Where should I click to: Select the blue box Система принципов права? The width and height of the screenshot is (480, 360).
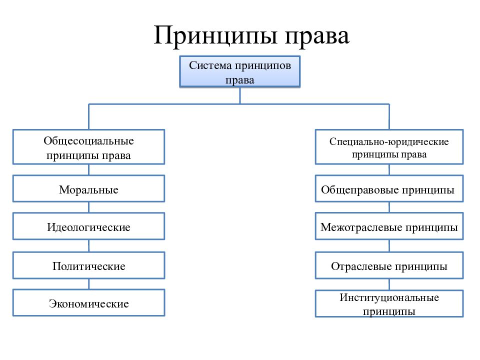click(239, 72)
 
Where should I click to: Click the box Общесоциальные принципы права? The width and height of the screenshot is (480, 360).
click(89, 147)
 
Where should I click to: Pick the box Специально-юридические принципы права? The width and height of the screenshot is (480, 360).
click(389, 147)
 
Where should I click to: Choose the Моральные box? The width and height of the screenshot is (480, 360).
click(89, 188)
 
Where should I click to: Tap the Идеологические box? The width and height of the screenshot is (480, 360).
click(89, 226)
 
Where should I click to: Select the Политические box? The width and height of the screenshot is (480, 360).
click(89, 265)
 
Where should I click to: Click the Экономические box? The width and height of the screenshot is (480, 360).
click(89, 302)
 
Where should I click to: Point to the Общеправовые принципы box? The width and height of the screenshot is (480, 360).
click(389, 188)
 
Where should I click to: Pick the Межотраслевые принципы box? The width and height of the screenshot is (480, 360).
click(389, 226)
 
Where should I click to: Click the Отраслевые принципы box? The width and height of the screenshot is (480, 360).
click(389, 265)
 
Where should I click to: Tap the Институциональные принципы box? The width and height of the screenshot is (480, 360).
click(389, 303)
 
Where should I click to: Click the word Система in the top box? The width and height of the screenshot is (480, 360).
click(210, 65)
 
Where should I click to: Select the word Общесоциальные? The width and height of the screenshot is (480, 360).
click(89, 141)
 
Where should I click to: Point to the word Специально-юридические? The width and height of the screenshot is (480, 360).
click(389, 141)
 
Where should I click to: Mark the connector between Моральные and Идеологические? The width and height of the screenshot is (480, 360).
click(89, 207)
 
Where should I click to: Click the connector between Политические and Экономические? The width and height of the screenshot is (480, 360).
click(89, 284)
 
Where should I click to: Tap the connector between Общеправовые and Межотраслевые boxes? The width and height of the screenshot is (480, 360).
click(389, 207)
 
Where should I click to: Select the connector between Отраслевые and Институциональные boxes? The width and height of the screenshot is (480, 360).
click(389, 284)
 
